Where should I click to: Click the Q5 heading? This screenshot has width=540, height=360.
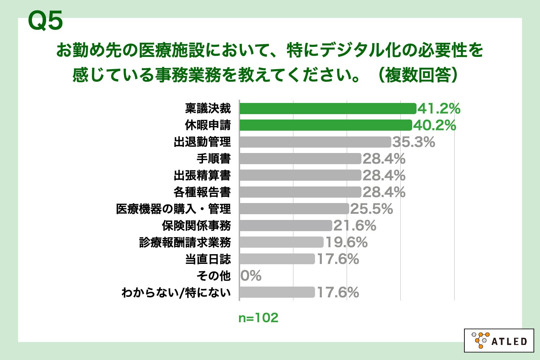(x=45, y=21)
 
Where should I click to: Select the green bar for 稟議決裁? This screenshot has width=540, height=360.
(x=328, y=108)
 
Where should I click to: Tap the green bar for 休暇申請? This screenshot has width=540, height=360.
(x=325, y=125)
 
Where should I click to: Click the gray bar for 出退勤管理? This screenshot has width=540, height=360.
(x=315, y=142)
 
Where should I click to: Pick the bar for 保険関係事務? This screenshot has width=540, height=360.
(x=285, y=226)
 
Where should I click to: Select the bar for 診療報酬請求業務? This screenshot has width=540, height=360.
(x=281, y=242)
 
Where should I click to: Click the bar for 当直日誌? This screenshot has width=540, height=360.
(x=277, y=259)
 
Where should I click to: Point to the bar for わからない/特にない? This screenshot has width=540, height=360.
(x=277, y=292)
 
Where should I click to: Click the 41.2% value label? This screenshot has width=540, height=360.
(x=439, y=108)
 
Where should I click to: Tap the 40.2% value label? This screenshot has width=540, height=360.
(x=435, y=125)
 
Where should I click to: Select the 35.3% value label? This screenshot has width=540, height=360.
(x=414, y=142)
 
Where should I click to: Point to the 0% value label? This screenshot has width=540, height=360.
(x=251, y=276)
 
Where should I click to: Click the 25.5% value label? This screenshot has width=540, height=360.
(x=372, y=209)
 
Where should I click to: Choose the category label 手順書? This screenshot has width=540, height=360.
(x=213, y=159)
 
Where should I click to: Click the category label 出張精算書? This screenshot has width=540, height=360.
(x=202, y=175)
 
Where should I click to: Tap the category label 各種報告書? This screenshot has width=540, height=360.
(x=202, y=192)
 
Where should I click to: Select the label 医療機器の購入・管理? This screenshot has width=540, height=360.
(x=173, y=209)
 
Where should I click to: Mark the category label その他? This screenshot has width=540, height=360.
(x=213, y=276)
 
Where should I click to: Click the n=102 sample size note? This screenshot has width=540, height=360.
(x=258, y=318)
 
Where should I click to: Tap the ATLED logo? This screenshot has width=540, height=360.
(x=499, y=340)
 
